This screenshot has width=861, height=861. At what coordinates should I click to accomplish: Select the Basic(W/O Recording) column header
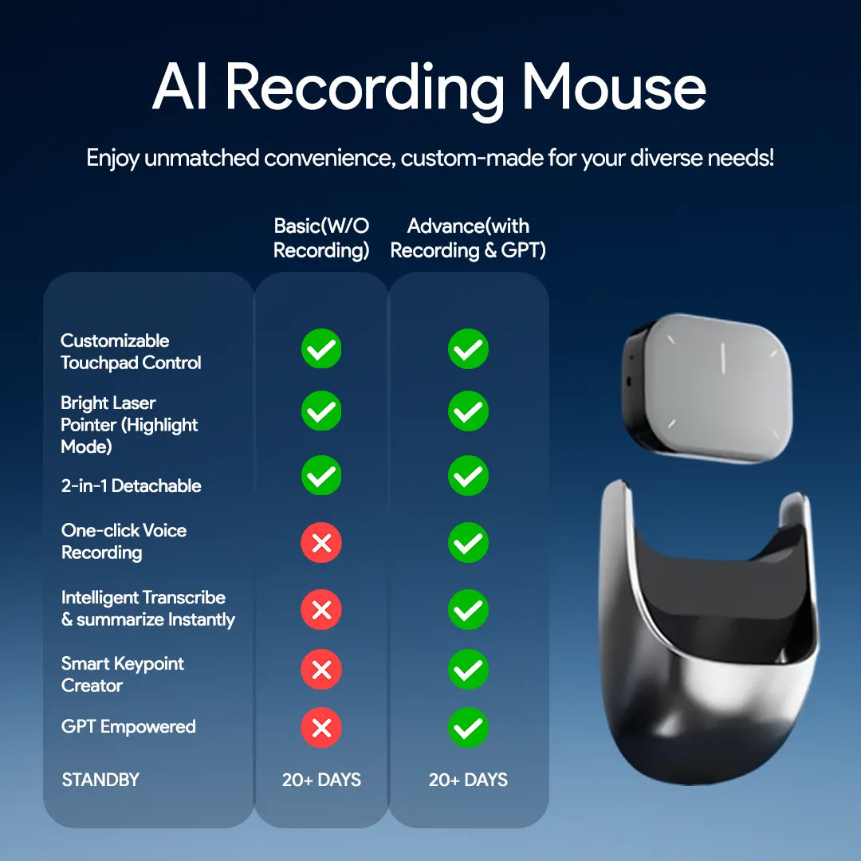321,238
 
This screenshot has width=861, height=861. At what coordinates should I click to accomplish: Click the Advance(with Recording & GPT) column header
468,238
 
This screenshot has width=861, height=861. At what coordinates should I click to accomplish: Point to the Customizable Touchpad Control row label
131,352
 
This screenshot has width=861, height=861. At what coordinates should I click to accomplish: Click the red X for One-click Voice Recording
321,544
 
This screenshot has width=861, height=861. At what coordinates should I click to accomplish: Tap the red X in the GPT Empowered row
321,728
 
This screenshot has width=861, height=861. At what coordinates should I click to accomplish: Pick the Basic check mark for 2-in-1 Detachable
321,476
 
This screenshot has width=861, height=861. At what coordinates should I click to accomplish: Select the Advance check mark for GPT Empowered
468,728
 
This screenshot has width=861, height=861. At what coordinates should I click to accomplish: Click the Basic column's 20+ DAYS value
321,780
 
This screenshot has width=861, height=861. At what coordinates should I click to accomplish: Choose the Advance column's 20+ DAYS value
468,780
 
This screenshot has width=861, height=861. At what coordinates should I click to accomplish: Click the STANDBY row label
100,780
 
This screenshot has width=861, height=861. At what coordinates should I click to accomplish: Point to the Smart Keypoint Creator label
123,674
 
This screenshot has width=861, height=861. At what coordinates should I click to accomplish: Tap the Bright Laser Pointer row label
129,424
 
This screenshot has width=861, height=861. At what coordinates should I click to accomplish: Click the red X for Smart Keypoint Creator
321,670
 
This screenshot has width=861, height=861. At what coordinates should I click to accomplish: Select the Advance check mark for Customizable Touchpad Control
468,350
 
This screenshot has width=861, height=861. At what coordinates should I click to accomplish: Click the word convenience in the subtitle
328,157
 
